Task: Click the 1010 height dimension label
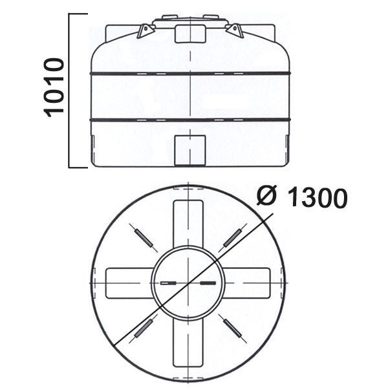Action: pos(54,87)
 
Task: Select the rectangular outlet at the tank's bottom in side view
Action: pos(191,150)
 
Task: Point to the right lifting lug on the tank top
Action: pos(235,30)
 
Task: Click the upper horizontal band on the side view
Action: pos(190,74)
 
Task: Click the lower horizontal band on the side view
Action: pos(190,120)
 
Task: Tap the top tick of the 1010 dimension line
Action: pos(78,14)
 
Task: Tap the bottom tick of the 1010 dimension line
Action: pos(78,167)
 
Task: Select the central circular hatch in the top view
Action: pos(188,283)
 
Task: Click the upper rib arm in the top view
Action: pos(188,222)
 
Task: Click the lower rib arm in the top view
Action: pos(188,343)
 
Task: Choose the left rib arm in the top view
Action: pos(128,283)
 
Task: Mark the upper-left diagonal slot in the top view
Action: pos(144,238)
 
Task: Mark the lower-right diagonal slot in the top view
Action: pos(232,328)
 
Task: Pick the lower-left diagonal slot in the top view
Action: pos(144,328)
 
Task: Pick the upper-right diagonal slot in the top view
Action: pos(232,238)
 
